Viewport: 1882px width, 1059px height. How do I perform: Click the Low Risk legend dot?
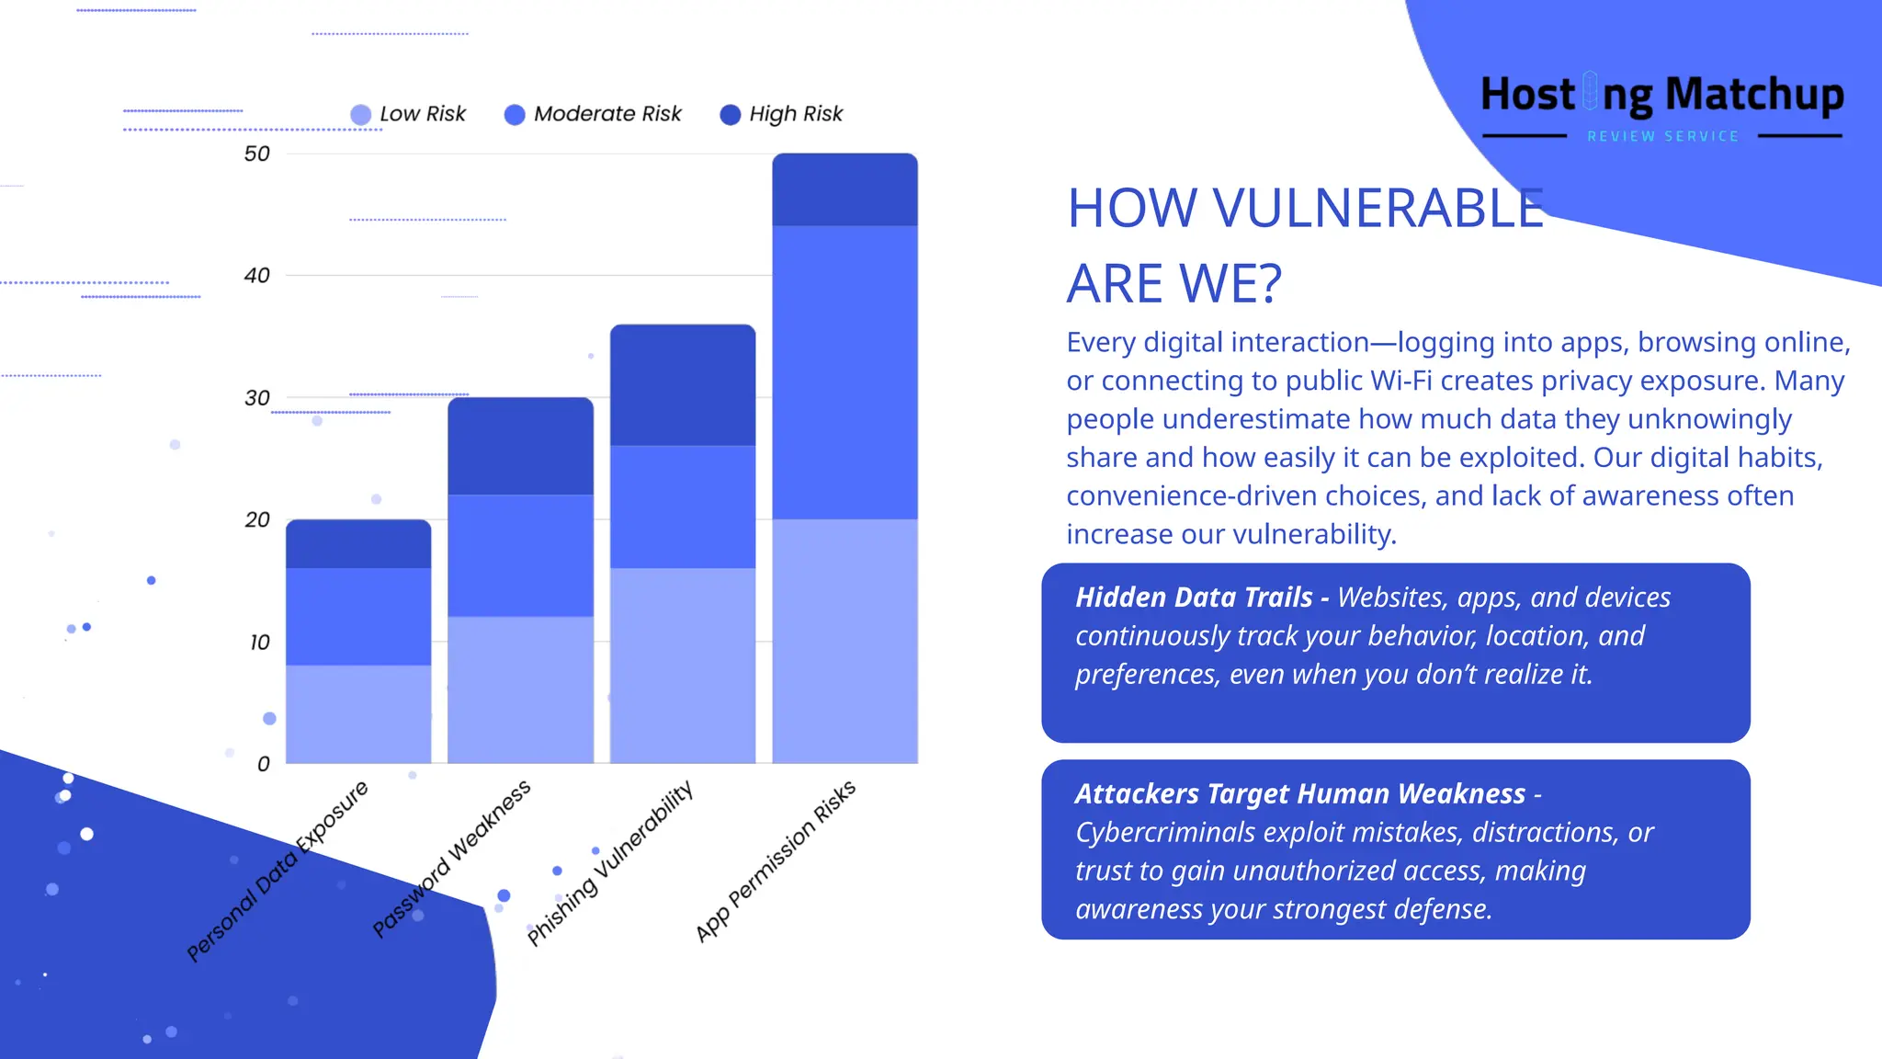point(361,114)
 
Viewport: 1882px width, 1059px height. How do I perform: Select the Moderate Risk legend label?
point(607,114)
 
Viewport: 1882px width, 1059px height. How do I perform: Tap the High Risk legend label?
point(796,114)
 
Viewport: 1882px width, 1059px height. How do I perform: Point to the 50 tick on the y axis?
point(257,154)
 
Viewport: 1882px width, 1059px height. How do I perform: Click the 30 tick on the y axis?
point(257,398)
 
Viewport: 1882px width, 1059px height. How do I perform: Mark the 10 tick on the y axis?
point(259,642)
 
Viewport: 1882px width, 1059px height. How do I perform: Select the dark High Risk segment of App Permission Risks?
point(845,189)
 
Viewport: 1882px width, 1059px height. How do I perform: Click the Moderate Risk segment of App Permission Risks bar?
point(845,372)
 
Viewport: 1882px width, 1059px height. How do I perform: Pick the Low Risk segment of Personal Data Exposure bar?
point(358,713)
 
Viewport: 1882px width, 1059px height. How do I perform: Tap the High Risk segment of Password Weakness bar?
point(520,446)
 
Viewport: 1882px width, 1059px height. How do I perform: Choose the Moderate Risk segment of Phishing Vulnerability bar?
point(683,507)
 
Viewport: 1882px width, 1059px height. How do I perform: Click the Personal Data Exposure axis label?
point(278,870)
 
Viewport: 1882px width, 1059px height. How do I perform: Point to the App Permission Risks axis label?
point(776,860)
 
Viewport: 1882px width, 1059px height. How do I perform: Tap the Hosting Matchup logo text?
point(1661,95)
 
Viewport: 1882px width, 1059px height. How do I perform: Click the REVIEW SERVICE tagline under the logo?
point(1662,136)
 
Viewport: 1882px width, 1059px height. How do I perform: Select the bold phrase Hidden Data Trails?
point(1194,598)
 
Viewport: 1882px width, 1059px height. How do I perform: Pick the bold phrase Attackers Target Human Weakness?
point(1299,793)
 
